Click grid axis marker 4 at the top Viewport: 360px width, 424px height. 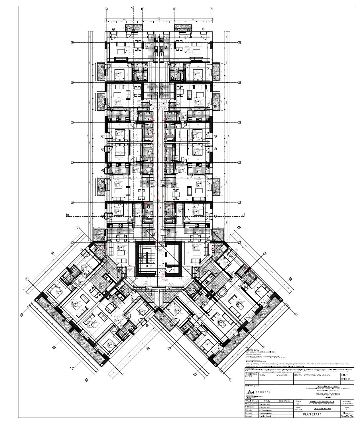(106, 9)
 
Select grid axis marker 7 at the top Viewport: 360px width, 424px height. (211, 9)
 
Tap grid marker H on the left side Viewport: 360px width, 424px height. (72, 42)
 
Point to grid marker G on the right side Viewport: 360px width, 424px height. (239, 83)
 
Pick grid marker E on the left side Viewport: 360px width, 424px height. (72, 162)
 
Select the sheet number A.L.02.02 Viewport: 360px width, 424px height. (347, 416)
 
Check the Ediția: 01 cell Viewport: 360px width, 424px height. (347, 375)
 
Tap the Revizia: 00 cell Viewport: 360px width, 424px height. (347, 379)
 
